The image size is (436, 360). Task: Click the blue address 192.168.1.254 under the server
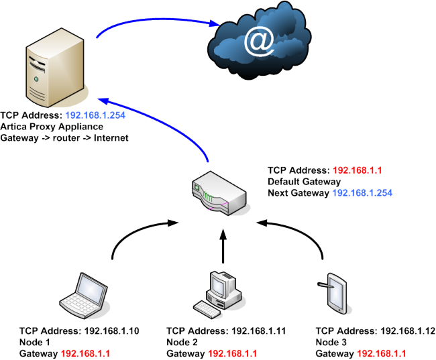[x=95, y=115]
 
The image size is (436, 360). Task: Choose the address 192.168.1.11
[x=259, y=331]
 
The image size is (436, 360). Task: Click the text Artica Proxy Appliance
[x=52, y=126]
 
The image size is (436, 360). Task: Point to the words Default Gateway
[x=305, y=182]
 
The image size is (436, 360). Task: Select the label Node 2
[x=182, y=342]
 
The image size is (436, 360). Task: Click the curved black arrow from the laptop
[x=134, y=235]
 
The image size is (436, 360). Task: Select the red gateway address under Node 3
[x=380, y=353]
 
